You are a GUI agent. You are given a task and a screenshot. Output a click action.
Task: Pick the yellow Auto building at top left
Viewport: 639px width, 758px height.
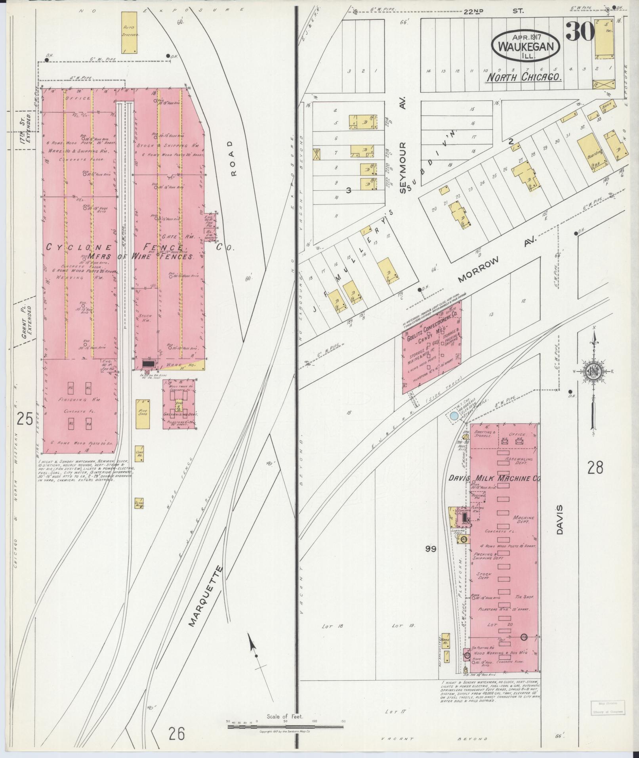[x=129, y=32]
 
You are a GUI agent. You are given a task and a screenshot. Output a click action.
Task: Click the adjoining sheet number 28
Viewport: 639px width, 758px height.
[x=595, y=468]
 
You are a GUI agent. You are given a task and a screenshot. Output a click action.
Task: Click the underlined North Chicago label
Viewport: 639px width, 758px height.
[x=524, y=77]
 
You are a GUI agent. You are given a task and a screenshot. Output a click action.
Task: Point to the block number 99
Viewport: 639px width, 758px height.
[x=431, y=549]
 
